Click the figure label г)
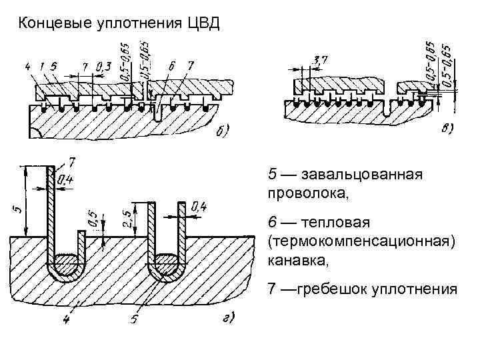click(227, 320)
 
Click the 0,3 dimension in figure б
click(103, 67)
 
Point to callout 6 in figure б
click(171, 66)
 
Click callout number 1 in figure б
click(41, 66)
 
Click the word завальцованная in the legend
click(363, 175)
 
